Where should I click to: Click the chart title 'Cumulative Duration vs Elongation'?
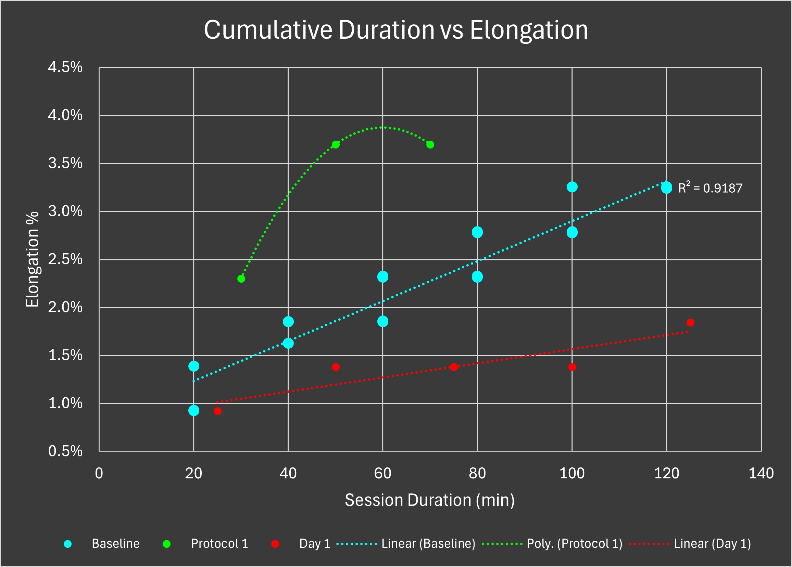[395, 30]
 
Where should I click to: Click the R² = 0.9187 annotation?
[710, 188]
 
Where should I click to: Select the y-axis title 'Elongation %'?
[33, 259]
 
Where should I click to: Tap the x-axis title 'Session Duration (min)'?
[429, 500]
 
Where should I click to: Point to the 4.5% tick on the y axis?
[65, 67]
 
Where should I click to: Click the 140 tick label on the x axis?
[761, 473]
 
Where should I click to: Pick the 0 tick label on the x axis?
[99, 473]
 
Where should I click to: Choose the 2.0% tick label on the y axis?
[65, 307]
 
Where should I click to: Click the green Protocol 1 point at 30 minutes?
[241, 279]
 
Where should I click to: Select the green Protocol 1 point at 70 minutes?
[430, 144]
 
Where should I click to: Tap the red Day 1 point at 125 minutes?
[690, 322]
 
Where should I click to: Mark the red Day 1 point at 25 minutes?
[217, 411]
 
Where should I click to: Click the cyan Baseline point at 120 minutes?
[666, 188]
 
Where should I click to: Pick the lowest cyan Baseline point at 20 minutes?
[193, 410]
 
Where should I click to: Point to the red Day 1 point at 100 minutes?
[572, 367]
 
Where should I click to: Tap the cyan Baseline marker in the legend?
[68, 544]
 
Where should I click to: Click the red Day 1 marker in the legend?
[275, 544]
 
